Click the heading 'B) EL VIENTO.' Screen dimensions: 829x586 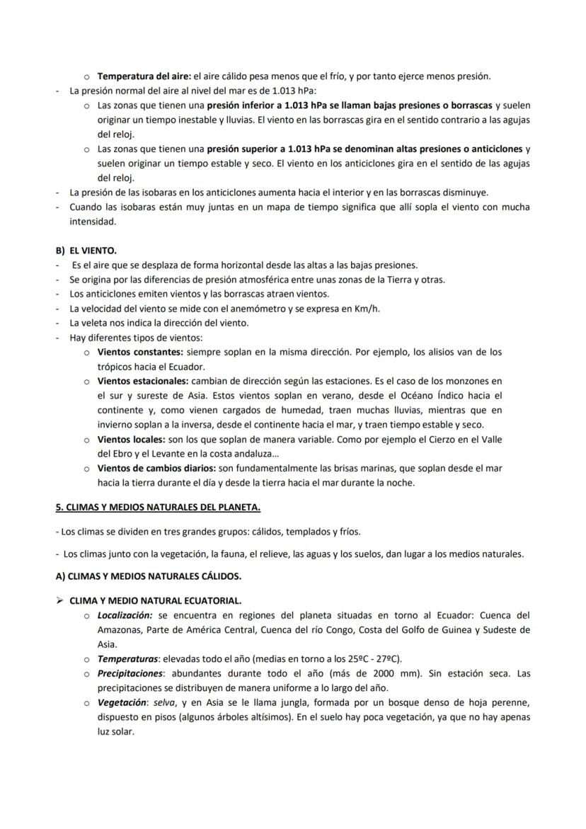[x=86, y=251]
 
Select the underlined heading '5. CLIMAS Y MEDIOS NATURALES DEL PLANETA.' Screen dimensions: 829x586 [x=158, y=508]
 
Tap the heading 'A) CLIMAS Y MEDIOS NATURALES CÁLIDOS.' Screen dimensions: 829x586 [x=148, y=576]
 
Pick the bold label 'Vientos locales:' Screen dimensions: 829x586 [x=131, y=440]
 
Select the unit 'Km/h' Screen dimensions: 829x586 [x=375, y=308]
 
